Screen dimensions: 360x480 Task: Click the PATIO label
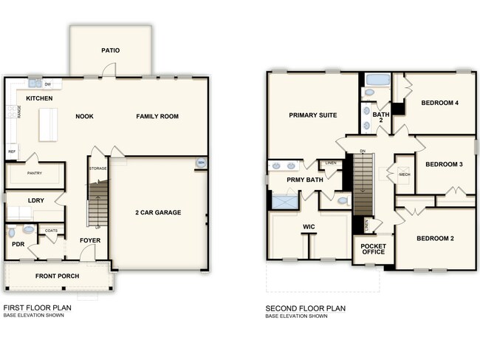(111, 51)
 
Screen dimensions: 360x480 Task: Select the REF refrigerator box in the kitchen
(12, 152)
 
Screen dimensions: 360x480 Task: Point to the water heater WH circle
(200, 163)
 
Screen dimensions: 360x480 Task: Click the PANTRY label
(34, 174)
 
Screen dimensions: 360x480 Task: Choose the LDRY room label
(36, 200)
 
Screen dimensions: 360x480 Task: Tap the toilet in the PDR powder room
(28, 230)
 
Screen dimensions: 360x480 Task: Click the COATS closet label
(51, 230)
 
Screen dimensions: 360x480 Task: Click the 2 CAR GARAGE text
(158, 213)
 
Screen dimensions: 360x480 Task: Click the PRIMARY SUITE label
(313, 115)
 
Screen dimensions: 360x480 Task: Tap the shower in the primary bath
(284, 200)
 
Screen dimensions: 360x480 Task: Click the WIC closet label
(309, 227)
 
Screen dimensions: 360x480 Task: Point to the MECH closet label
(404, 174)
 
